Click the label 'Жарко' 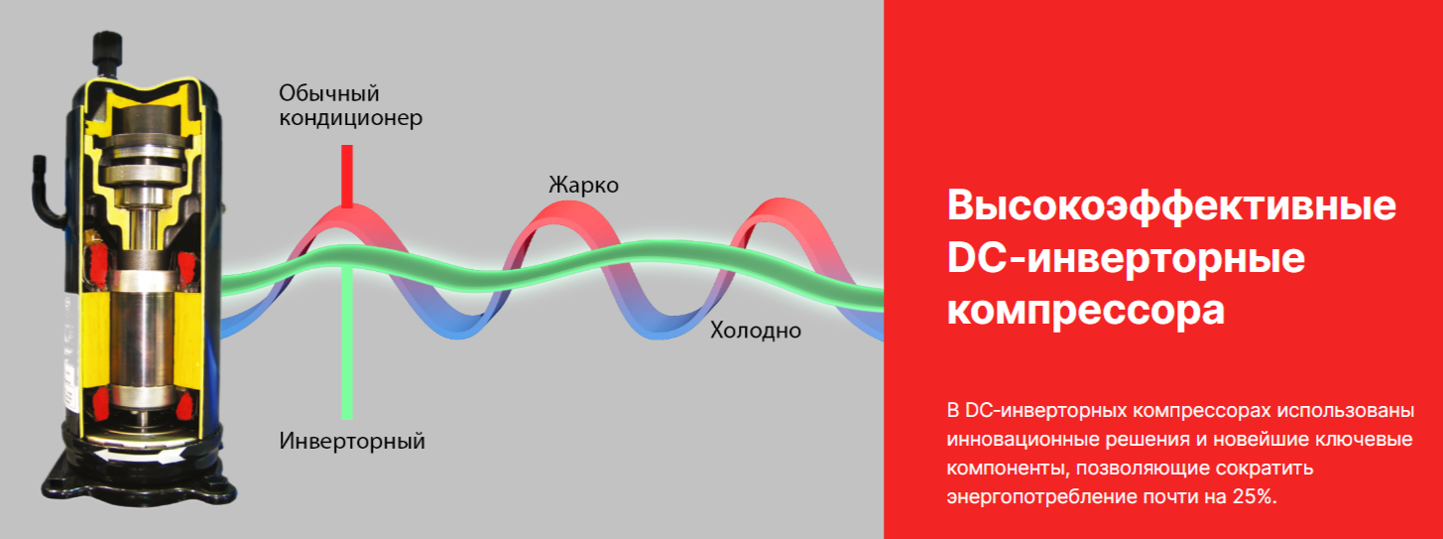[x=583, y=186]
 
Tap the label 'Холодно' [x=756, y=331]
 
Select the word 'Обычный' [x=329, y=94]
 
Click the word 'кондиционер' [x=351, y=118]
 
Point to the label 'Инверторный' [x=352, y=442]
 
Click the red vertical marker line [x=347, y=176]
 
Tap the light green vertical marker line [x=347, y=341]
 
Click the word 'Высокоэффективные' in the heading [x=1172, y=205]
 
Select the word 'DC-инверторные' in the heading [x=1126, y=258]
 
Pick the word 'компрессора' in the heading [x=1085, y=311]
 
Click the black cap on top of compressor [x=107, y=48]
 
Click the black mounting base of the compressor [x=139, y=473]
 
